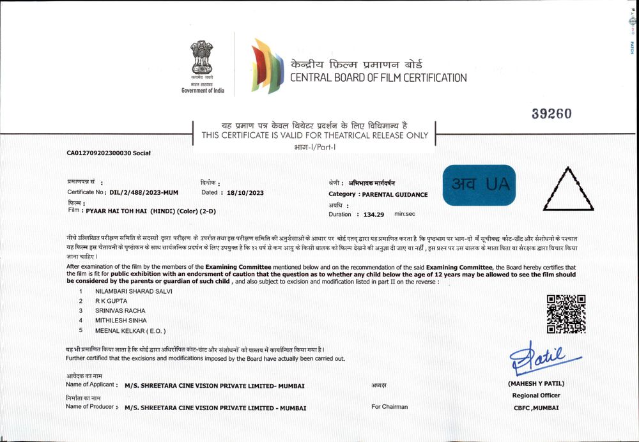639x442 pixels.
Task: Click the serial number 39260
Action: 551,114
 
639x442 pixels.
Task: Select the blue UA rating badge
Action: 479,185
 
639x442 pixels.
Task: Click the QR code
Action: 566,314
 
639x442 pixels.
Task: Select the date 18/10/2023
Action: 243,192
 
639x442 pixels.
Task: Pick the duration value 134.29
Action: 376,215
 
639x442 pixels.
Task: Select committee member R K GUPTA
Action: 112,301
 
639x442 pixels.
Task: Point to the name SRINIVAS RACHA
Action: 121,310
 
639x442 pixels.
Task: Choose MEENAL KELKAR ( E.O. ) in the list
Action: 130,330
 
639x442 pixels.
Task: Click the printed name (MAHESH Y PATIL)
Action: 535,384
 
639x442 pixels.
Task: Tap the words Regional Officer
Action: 535,395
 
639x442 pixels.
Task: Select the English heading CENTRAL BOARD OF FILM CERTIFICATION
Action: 378,78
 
